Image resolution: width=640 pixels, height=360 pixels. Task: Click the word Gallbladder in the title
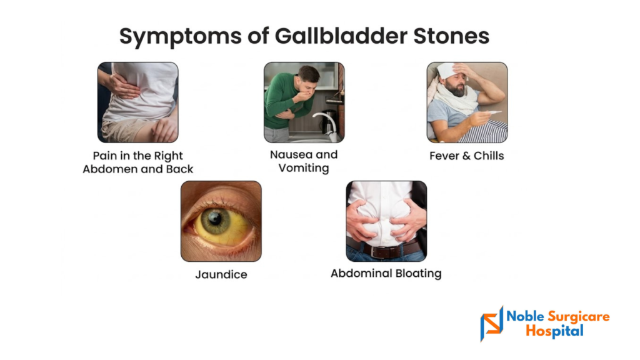pyautogui.click(x=341, y=36)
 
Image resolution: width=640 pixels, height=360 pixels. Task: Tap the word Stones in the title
pyautogui.click(x=451, y=36)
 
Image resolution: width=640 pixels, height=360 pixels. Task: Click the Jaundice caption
pyautogui.click(x=221, y=274)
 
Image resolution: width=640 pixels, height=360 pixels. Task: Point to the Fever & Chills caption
pyautogui.click(x=466, y=156)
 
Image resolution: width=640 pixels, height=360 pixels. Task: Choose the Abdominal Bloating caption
pyautogui.click(x=386, y=274)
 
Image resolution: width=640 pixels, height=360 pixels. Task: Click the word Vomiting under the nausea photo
pyautogui.click(x=304, y=168)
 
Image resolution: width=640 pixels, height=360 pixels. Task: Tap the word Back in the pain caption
pyautogui.click(x=179, y=169)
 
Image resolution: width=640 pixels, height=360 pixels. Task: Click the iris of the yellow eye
pyautogui.click(x=216, y=221)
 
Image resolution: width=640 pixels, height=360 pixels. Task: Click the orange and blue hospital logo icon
pyautogui.click(x=492, y=324)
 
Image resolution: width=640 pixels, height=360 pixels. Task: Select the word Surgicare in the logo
pyautogui.click(x=578, y=317)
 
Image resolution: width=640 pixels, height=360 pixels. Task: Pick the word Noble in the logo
pyautogui.click(x=525, y=316)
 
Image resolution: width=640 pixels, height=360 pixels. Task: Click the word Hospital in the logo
pyautogui.click(x=554, y=331)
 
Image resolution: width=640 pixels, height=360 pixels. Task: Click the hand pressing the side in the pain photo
pyautogui.click(x=123, y=85)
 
